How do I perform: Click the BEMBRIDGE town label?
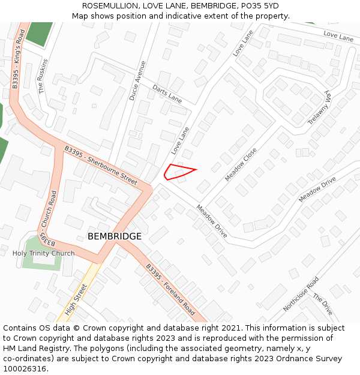[x=115, y=236]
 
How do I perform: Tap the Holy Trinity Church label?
[x=44, y=253]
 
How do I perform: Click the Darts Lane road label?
[x=167, y=94]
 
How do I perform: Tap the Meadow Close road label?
[x=241, y=164]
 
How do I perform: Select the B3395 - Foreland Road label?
[x=170, y=290]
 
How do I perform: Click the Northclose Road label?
[x=301, y=294]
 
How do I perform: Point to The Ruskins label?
[x=43, y=76]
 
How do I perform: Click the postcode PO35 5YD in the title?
[x=262, y=5]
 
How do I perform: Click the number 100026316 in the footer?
[x=24, y=369]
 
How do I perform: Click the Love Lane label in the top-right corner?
[x=338, y=37]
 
